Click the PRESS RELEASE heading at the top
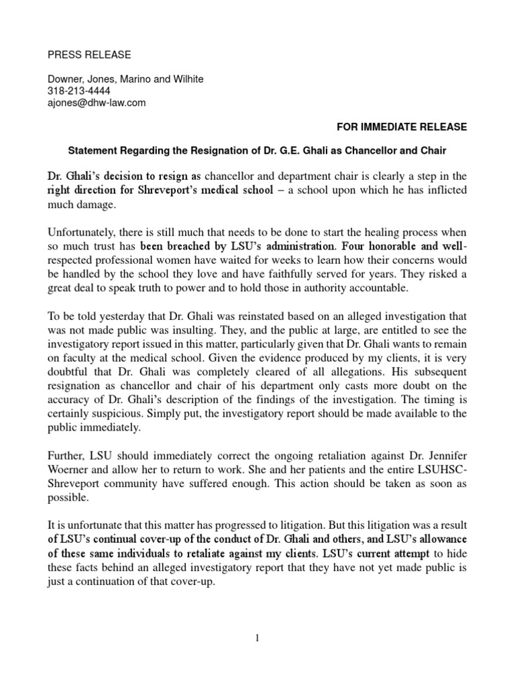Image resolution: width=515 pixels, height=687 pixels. [89, 54]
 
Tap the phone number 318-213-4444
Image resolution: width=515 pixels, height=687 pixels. [79, 91]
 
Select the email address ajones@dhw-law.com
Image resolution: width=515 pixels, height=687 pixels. [97, 103]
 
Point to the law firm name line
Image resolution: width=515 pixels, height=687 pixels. [125, 79]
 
